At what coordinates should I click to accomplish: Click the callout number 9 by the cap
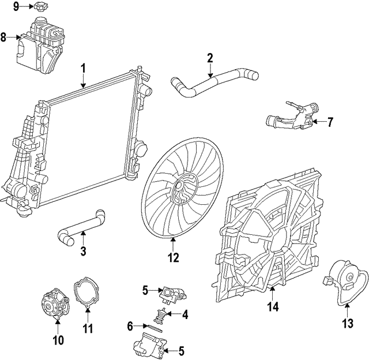(x=16, y=6)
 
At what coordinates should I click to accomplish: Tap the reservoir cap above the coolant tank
(x=40, y=8)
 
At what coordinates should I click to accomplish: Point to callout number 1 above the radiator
(x=84, y=69)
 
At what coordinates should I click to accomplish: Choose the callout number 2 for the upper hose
(x=210, y=58)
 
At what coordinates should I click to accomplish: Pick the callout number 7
(x=330, y=122)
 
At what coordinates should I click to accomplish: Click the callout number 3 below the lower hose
(x=83, y=251)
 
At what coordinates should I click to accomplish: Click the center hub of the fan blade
(x=183, y=190)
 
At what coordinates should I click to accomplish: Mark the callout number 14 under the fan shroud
(x=273, y=307)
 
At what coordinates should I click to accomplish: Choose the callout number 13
(x=347, y=324)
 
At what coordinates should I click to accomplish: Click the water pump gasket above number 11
(x=86, y=292)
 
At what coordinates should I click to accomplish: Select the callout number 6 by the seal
(x=131, y=326)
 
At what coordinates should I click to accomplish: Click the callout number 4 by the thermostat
(x=185, y=315)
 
